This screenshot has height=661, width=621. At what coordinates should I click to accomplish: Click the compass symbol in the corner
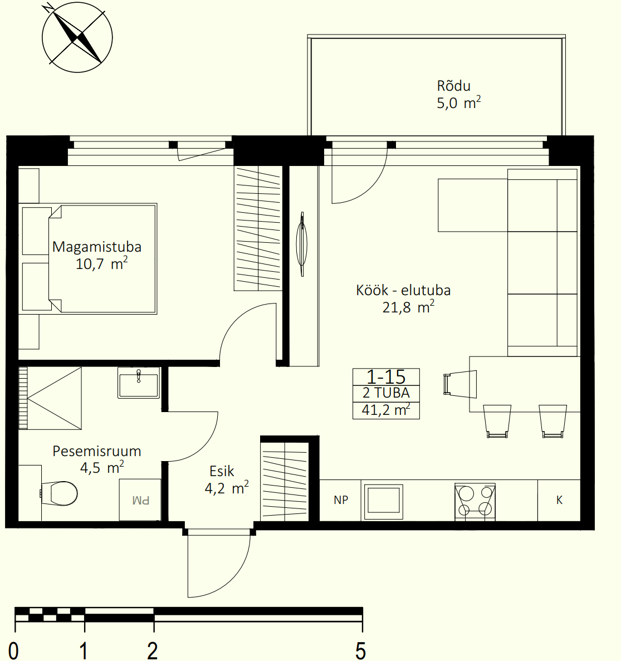(77, 37)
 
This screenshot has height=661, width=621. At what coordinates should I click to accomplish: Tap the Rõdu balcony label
(453, 86)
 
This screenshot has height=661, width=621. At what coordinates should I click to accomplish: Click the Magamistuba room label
(96, 247)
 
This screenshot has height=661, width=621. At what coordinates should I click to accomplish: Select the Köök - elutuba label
(403, 290)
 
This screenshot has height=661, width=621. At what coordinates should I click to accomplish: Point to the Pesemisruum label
(96, 451)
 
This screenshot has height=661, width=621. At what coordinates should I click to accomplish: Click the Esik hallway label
(221, 471)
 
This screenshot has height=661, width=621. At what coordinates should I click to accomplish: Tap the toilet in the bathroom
(59, 493)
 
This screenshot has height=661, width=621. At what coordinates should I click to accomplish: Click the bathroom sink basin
(139, 383)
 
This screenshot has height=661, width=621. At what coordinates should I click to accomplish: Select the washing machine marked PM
(140, 500)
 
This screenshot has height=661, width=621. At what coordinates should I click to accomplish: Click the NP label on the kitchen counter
(341, 500)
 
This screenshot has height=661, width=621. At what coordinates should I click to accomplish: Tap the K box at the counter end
(559, 500)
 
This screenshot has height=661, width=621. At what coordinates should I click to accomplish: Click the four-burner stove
(475, 501)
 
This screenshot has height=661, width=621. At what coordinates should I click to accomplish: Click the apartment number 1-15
(386, 376)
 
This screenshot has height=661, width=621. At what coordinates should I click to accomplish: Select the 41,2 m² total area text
(386, 410)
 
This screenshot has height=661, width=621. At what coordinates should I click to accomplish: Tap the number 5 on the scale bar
(360, 650)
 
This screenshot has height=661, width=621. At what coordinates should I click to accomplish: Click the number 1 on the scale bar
(84, 650)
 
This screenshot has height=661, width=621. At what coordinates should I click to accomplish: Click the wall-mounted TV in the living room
(302, 244)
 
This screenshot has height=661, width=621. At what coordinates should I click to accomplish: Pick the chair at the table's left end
(460, 384)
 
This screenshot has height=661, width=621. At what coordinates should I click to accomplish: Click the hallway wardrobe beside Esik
(285, 479)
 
